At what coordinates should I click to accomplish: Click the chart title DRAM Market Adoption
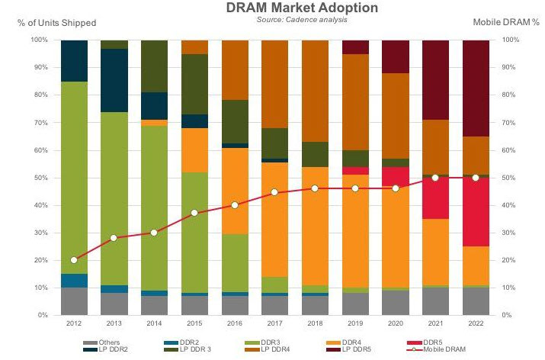coord(293,8)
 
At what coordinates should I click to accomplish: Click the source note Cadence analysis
coord(293,19)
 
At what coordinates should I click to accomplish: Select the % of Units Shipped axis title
coord(57,22)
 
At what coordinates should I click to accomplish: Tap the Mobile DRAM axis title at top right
coord(498,22)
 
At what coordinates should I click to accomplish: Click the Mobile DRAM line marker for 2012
coord(74,260)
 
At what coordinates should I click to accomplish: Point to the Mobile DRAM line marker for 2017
coord(274,192)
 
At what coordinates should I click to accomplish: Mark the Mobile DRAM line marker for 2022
coord(475,178)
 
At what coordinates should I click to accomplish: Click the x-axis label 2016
coord(235,323)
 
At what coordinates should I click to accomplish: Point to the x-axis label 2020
coord(395,323)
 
